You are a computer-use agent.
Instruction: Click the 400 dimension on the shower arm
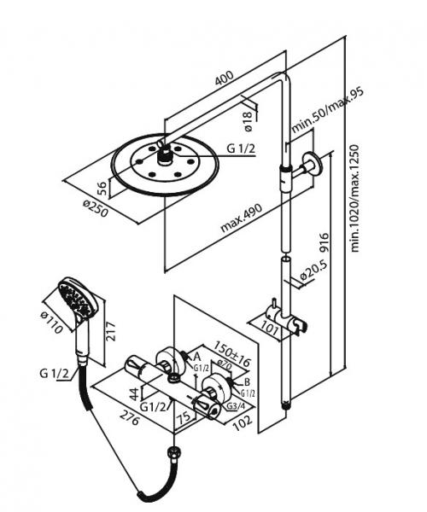point(224,79)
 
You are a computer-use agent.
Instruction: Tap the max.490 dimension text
point(241,215)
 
